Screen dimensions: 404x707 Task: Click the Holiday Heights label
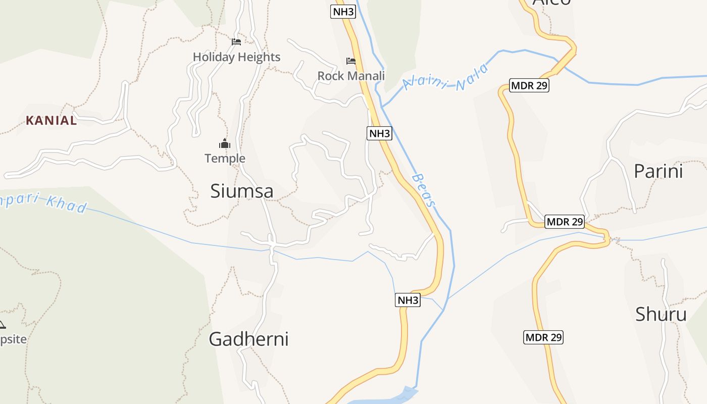(x=236, y=57)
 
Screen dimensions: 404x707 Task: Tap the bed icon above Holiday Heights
(x=236, y=41)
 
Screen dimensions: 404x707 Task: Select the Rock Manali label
(x=351, y=76)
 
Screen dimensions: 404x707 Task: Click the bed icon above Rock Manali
(x=351, y=61)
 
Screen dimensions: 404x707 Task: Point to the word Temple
(x=225, y=159)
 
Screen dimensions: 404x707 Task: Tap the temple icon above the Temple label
(x=225, y=144)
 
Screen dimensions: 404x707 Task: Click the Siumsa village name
(x=242, y=191)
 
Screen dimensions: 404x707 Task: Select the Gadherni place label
(x=248, y=339)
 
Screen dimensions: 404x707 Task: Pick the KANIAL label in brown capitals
(x=52, y=121)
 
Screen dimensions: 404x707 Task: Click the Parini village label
(x=658, y=171)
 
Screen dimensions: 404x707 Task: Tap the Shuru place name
(x=661, y=314)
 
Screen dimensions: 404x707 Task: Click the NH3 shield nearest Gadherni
(x=408, y=300)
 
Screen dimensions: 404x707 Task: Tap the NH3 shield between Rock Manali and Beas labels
(x=379, y=133)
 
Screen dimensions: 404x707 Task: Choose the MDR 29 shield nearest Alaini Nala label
(x=529, y=85)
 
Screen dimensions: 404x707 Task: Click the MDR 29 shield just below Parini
(x=565, y=221)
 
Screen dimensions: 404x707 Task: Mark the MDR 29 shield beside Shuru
(x=543, y=337)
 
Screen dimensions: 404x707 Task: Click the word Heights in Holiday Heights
(x=259, y=57)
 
